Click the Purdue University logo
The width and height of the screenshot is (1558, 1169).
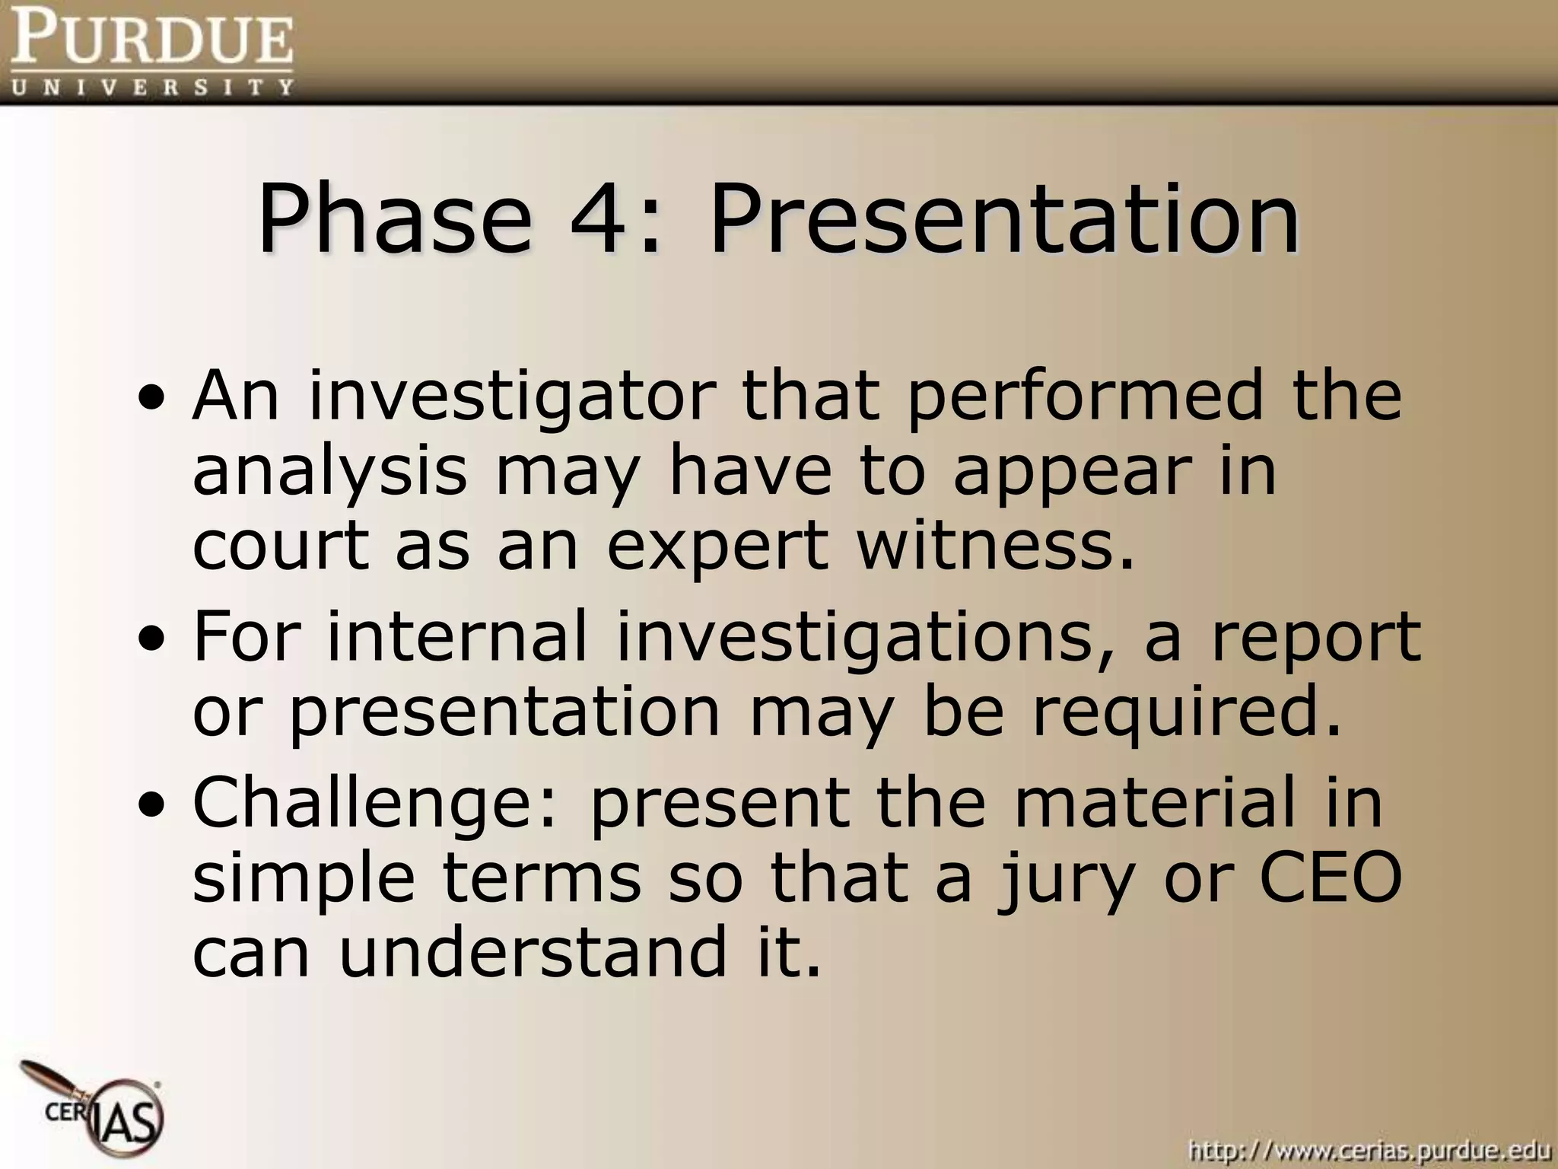151,52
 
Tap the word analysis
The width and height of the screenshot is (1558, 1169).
329,472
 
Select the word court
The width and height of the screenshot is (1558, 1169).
281,546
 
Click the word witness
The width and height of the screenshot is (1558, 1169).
997,546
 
